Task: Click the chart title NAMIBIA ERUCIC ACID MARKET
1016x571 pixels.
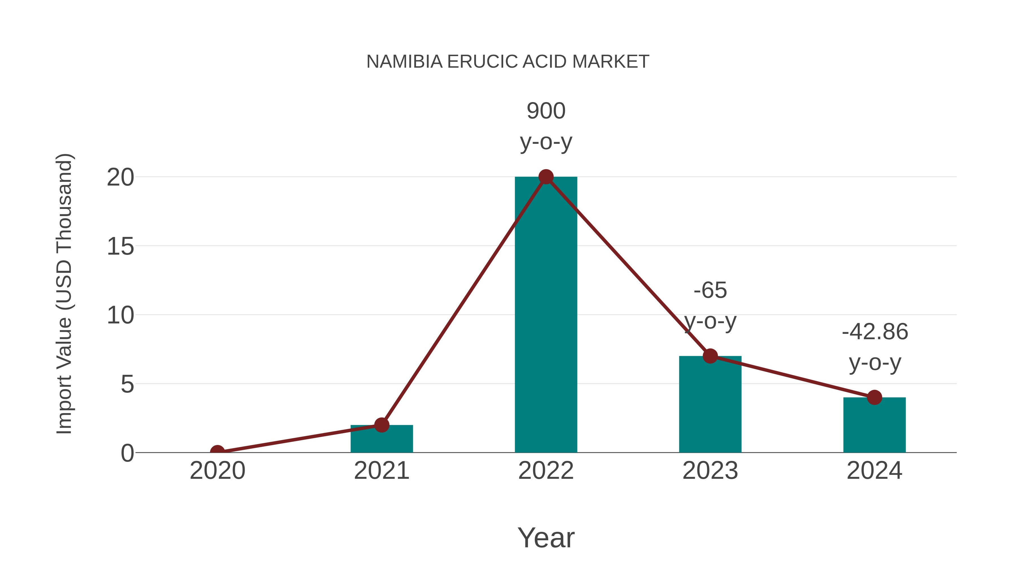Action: (x=508, y=62)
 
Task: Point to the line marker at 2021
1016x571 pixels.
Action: (x=381, y=425)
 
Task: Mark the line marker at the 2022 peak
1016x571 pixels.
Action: (x=546, y=177)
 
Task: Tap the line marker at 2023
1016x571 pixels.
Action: (x=710, y=356)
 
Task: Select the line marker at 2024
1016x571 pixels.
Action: (x=874, y=397)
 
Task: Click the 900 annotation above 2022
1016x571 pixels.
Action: (x=546, y=111)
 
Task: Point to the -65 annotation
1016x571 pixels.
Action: (x=710, y=291)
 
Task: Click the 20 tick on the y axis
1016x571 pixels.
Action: (x=120, y=178)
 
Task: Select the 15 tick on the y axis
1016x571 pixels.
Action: (x=120, y=247)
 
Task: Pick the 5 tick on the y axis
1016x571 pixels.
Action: (x=127, y=384)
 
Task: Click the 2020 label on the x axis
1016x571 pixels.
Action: (x=217, y=471)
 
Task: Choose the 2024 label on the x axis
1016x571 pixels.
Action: (x=874, y=471)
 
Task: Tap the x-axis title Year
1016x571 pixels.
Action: (x=546, y=538)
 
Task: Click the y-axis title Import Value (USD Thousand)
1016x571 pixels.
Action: (x=64, y=294)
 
